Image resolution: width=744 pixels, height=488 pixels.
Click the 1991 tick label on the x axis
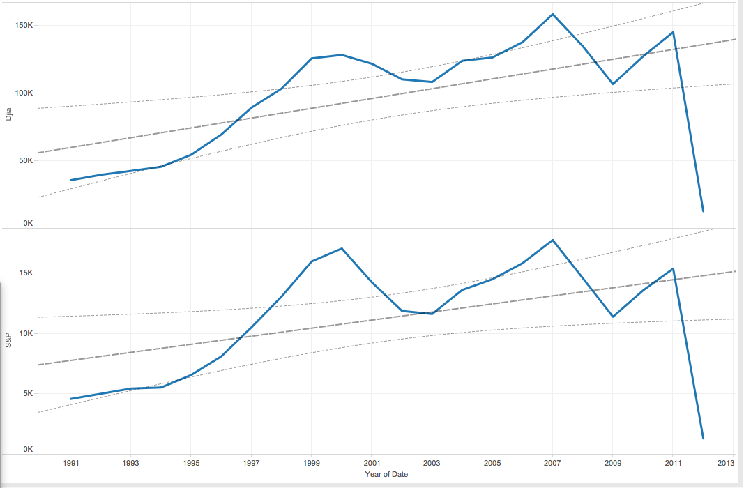(x=70, y=462)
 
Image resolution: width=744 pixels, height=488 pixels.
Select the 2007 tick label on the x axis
(x=552, y=462)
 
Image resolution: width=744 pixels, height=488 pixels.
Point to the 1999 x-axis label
(x=312, y=462)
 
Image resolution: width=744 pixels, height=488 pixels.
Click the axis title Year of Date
(x=386, y=474)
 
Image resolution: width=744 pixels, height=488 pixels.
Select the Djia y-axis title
(x=8, y=114)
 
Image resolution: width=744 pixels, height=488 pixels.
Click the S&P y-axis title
(x=8, y=340)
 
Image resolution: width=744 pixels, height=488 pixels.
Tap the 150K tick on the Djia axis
(x=24, y=26)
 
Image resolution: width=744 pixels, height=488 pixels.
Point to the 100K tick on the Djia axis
(x=24, y=93)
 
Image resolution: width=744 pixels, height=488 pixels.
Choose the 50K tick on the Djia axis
(x=26, y=160)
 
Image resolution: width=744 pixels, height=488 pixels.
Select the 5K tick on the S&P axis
(x=28, y=394)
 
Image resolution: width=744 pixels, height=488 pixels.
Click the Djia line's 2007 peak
(x=552, y=14)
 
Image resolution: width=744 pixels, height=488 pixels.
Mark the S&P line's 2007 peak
(x=552, y=240)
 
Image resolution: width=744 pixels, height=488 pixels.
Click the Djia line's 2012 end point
(x=703, y=211)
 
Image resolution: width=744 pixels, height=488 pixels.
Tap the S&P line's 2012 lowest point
(x=703, y=438)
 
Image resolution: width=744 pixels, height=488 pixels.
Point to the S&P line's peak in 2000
(x=342, y=248)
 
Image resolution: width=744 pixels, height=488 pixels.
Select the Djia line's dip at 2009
(x=612, y=84)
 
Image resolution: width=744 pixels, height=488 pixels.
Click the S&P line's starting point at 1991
(x=70, y=399)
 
